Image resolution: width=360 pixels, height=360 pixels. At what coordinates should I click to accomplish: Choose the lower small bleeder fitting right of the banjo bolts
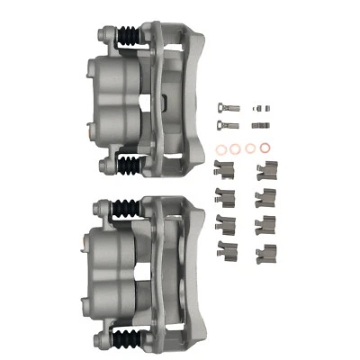[x=260, y=122]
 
